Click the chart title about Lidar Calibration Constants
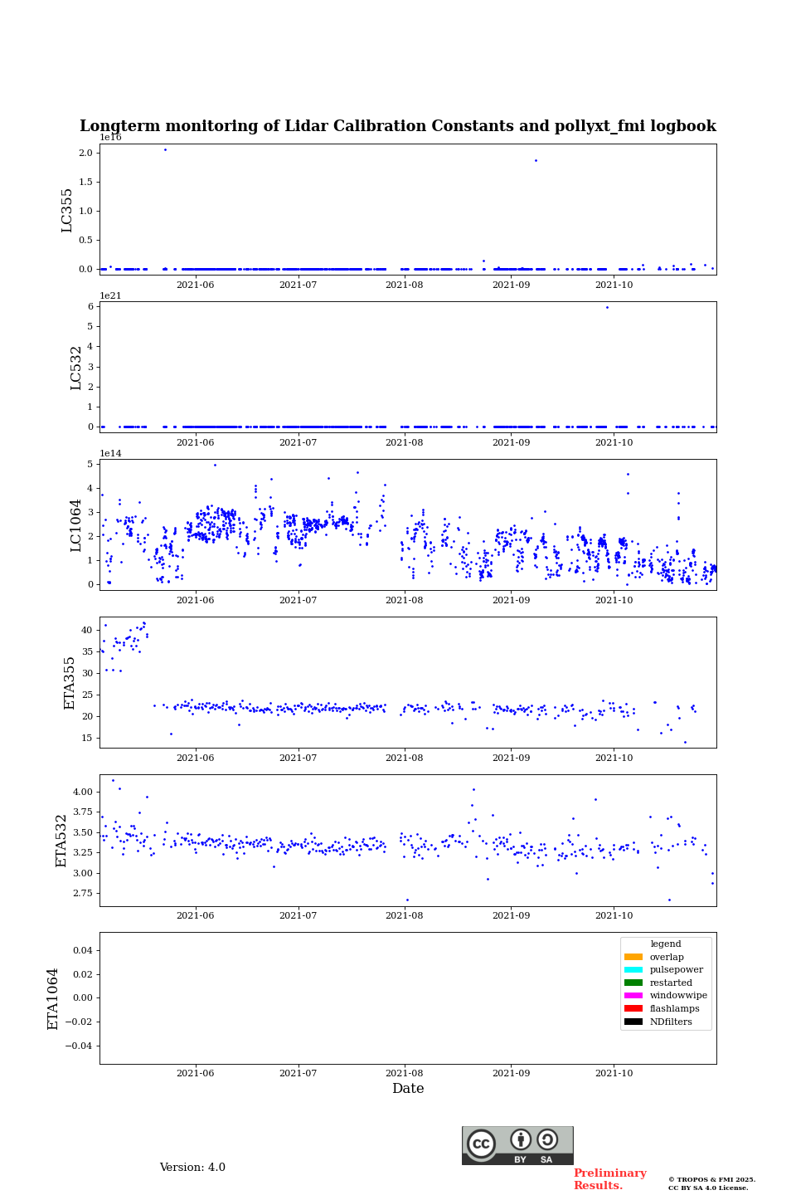(397, 126)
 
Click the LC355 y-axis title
(67, 210)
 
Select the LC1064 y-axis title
(76, 525)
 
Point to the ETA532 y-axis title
(61, 841)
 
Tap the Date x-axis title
(408, 1089)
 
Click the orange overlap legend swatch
(633, 957)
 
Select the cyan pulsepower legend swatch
(633, 970)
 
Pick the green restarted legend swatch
(633, 983)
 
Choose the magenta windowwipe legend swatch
(633, 996)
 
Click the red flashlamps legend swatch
(633, 1009)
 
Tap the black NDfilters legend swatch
(633, 1022)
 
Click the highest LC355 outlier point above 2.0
(165, 149)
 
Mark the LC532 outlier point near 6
(607, 307)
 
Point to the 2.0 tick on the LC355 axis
(85, 153)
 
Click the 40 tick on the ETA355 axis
(86, 631)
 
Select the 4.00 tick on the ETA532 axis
(82, 792)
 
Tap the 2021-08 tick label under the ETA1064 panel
(404, 1074)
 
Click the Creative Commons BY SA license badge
(517, 1145)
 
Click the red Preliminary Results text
(609, 1179)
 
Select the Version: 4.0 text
(192, 1168)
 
